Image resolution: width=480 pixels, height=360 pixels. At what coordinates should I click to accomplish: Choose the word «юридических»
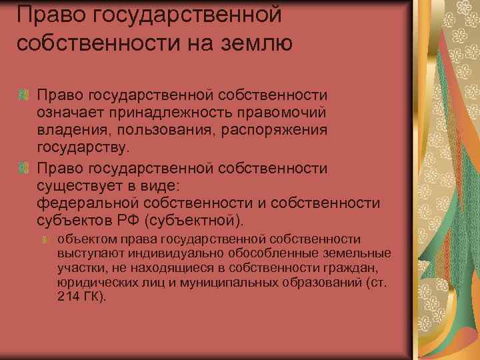pos(93,283)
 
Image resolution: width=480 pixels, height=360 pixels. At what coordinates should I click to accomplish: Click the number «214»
pos(68,297)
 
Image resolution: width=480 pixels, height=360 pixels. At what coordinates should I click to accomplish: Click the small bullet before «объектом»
pos(45,240)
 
